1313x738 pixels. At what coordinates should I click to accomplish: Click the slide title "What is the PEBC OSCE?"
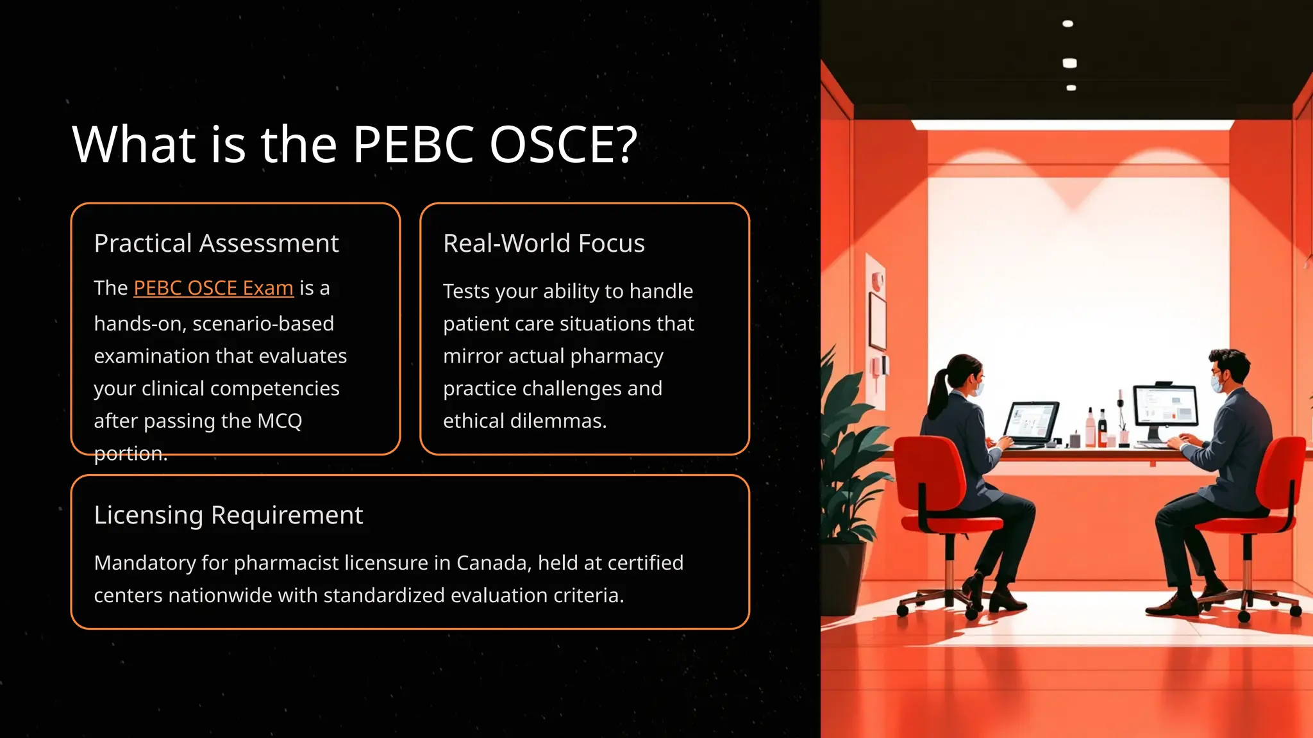click(355, 144)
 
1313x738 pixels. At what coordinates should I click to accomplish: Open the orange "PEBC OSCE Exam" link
click(213, 288)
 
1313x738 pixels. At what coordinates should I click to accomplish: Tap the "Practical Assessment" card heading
click(216, 243)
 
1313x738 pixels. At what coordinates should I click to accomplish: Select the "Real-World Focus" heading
click(544, 243)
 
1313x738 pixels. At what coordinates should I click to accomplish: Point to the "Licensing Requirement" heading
click(228, 515)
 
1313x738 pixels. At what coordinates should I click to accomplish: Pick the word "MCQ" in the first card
click(280, 421)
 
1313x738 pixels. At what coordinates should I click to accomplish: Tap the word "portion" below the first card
click(130, 454)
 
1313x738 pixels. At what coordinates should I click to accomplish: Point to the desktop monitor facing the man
click(1165, 406)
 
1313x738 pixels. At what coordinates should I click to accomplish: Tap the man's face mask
click(1217, 384)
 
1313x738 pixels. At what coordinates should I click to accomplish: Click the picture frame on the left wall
click(877, 320)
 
